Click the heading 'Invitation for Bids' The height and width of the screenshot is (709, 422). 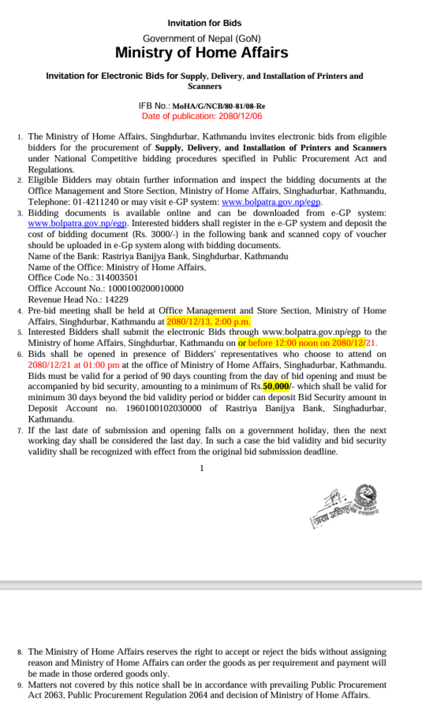[204, 23]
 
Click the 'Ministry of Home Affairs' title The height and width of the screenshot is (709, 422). [202, 52]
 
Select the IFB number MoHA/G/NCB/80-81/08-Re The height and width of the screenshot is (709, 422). [219, 106]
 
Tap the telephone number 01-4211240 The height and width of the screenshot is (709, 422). [96, 202]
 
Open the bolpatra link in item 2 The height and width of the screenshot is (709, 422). [271, 202]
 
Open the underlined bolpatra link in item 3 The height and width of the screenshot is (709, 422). [77, 223]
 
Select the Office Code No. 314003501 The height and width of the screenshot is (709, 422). [117, 278]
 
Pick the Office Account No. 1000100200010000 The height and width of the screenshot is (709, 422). [145, 288]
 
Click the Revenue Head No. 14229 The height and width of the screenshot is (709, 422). [116, 300]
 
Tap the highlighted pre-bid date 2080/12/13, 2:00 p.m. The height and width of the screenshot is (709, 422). [208, 322]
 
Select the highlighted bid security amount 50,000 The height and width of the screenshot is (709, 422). [276, 387]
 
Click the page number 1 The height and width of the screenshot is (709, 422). [202, 468]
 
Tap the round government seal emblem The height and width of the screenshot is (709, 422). [366, 496]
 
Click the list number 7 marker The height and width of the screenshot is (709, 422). [20, 431]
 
